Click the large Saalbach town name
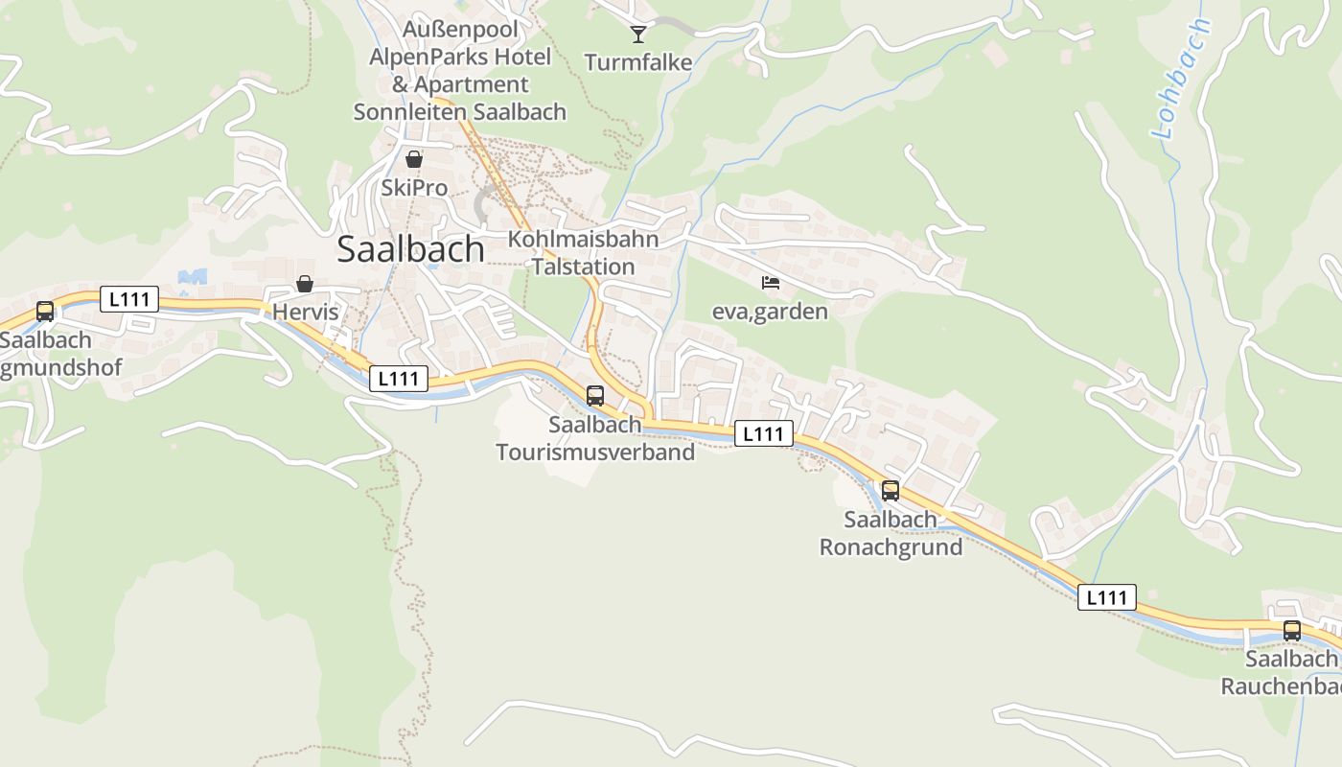[x=410, y=249]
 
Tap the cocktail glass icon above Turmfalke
[x=638, y=35]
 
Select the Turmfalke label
[x=638, y=63]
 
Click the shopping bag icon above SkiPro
[x=414, y=159]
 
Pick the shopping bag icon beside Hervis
[x=305, y=284]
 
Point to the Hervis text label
[x=305, y=312]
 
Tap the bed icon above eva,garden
[x=770, y=283]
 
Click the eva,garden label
[x=770, y=311]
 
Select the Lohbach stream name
[x=1183, y=79]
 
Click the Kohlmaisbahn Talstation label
[x=583, y=253]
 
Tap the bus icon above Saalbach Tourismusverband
[x=595, y=395]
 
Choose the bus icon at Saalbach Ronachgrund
[x=891, y=491]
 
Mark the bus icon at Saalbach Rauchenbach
[x=1292, y=631]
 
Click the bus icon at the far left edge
[x=45, y=311]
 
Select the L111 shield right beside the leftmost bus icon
[x=129, y=299]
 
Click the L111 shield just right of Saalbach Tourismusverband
[x=764, y=433]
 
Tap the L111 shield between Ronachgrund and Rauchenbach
[x=1107, y=597]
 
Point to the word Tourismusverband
[x=595, y=452]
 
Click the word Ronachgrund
[x=891, y=547]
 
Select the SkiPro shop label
[x=414, y=187]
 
